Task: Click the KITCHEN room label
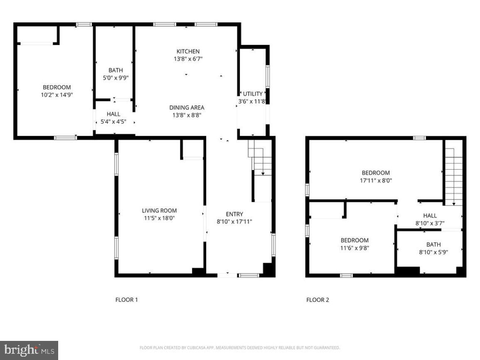(x=187, y=51)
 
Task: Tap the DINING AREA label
(x=187, y=107)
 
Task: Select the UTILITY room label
(x=253, y=94)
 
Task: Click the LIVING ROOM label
(x=159, y=210)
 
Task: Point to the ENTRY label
(x=234, y=214)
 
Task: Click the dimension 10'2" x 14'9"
(x=57, y=95)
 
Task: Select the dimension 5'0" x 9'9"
(x=116, y=78)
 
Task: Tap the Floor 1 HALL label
(x=113, y=114)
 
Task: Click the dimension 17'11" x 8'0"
(x=376, y=180)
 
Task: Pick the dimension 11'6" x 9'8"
(x=354, y=248)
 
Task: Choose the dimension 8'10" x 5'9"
(x=433, y=252)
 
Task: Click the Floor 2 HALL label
(x=430, y=215)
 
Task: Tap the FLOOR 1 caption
(x=126, y=300)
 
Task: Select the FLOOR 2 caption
(x=318, y=300)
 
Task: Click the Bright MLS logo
(x=29, y=350)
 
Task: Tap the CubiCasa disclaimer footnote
(x=240, y=348)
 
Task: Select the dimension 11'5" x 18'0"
(x=159, y=217)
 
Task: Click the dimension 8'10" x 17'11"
(x=234, y=222)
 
